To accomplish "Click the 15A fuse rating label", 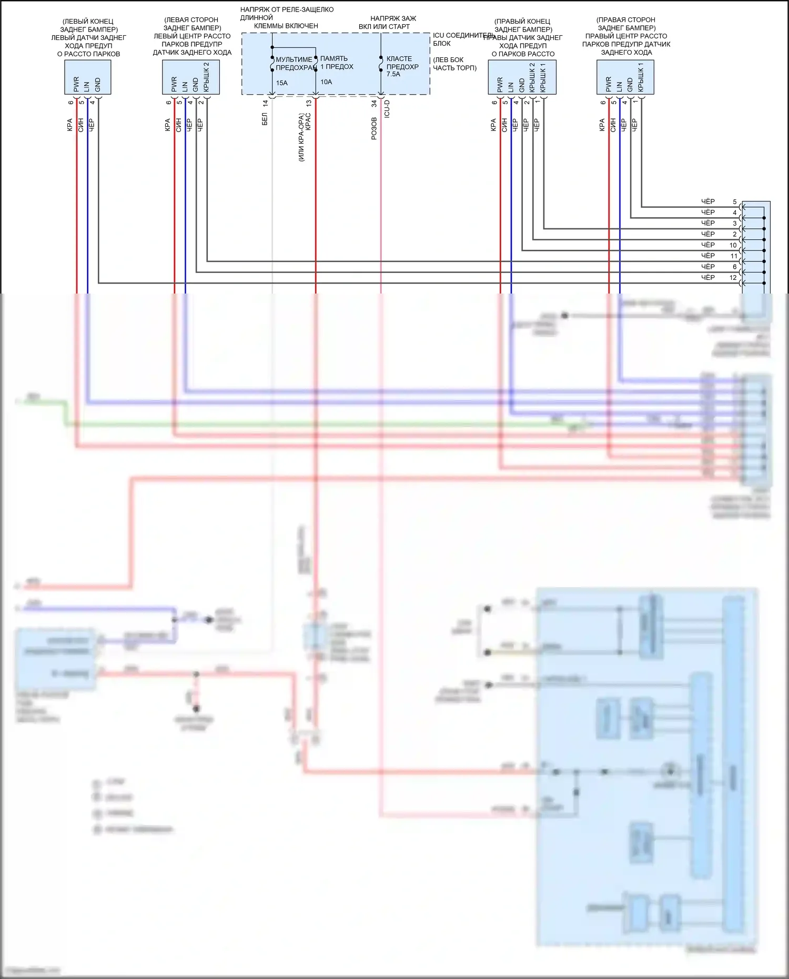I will point(282,83).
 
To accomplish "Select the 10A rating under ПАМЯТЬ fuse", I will point(326,82).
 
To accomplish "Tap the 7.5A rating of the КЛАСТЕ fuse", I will point(393,74).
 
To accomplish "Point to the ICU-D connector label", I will point(387,109).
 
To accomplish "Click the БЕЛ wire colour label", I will point(265,119).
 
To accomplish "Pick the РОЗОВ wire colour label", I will point(374,128).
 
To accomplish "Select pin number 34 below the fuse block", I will point(374,104).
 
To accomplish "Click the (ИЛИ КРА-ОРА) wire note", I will point(301,138).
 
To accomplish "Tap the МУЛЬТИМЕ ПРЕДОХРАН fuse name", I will point(295,64).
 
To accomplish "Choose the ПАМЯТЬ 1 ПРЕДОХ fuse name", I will point(337,63).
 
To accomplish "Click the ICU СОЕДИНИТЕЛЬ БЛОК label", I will point(463,39).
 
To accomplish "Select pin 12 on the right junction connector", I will point(733,278).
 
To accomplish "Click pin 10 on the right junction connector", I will point(733,245).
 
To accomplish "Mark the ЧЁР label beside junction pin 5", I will point(708,201).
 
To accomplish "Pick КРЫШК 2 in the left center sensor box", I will point(206,77).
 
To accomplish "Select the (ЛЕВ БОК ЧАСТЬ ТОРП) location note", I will point(455,64).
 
